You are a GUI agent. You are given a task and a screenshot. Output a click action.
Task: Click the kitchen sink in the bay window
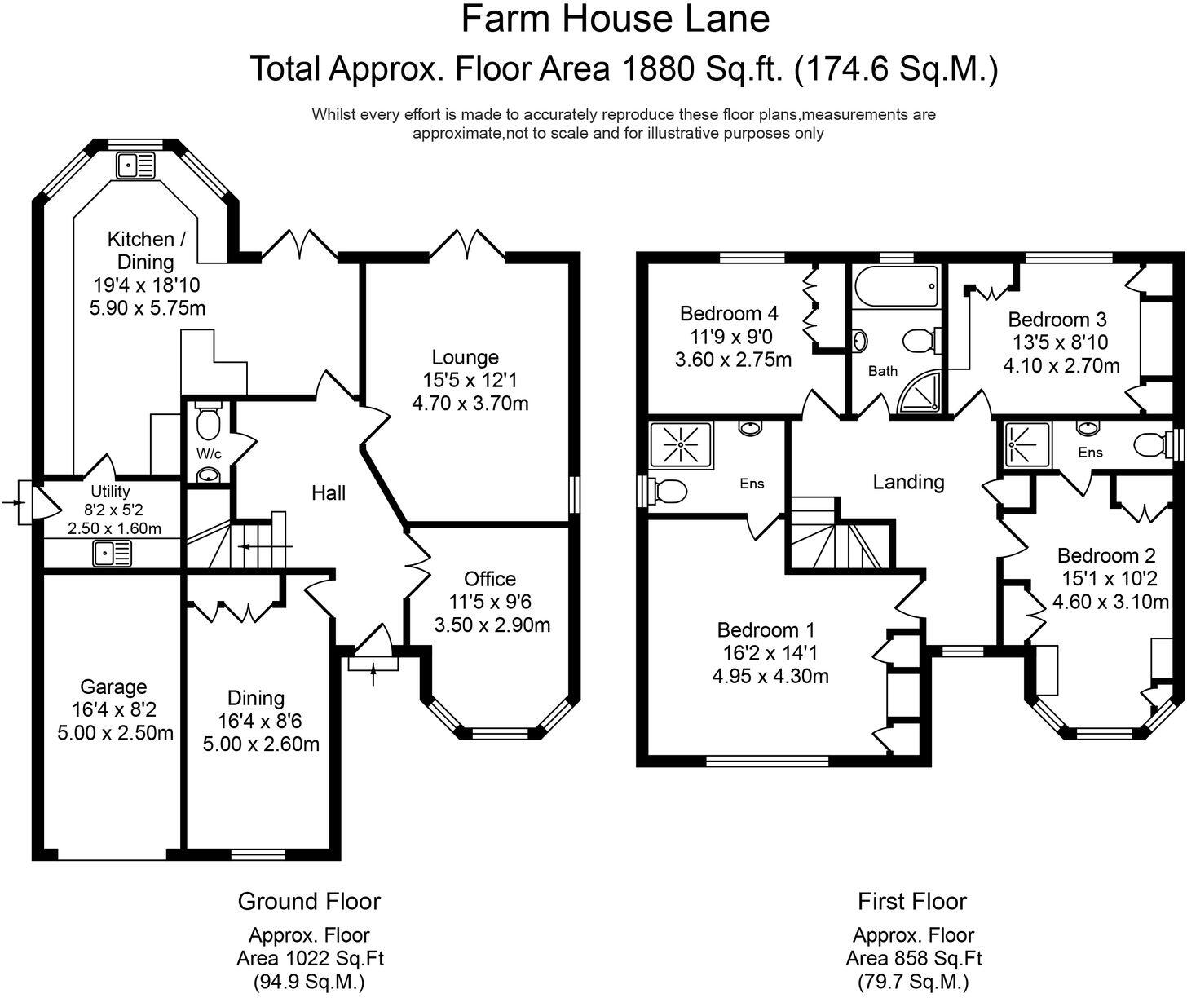[135, 166]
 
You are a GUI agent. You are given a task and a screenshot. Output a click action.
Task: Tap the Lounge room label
[465, 357]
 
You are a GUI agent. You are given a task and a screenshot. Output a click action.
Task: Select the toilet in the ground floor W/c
[209, 422]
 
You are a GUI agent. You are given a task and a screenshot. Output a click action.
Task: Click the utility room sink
[113, 554]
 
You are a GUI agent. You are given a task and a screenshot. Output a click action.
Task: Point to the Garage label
[113, 687]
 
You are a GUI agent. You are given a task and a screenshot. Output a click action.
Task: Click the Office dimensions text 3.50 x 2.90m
[492, 625]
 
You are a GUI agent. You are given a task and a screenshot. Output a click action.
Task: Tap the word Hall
[329, 492]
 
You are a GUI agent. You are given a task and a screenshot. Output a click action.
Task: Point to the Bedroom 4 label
[729, 313]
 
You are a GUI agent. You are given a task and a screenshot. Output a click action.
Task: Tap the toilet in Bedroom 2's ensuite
[1151, 445]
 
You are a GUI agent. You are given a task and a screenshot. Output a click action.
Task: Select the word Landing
[908, 482]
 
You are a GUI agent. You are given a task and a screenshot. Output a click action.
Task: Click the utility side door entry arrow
[11, 503]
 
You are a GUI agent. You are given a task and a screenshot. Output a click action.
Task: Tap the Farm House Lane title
[616, 20]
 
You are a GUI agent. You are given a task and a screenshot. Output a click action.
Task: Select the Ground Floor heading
[309, 901]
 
